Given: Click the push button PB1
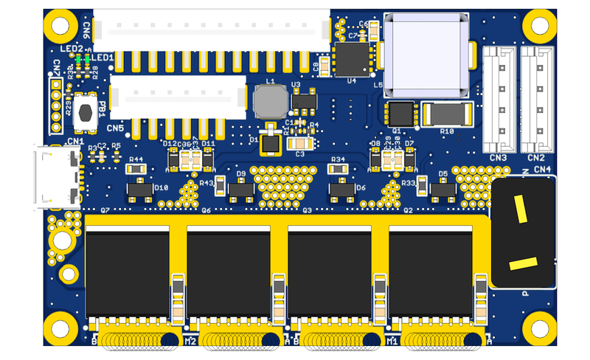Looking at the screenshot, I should pyautogui.click(x=86, y=112).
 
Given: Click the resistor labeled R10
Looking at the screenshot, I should pyautogui.click(x=447, y=114).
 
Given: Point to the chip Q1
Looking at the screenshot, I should pyautogui.click(x=401, y=114).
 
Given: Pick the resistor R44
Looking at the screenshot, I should pyautogui.click(x=136, y=168).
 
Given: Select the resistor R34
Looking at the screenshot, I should pyautogui.click(x=339, y=168).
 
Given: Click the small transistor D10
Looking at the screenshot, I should pyautogui.click(x=139, y=190).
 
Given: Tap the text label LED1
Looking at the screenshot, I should pyautogui.click(x=102, y=58).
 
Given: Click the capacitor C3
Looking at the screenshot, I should pyautogui.click(x=299, y=143).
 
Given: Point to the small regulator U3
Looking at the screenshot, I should pyautogui.click(x=304, y=100).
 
